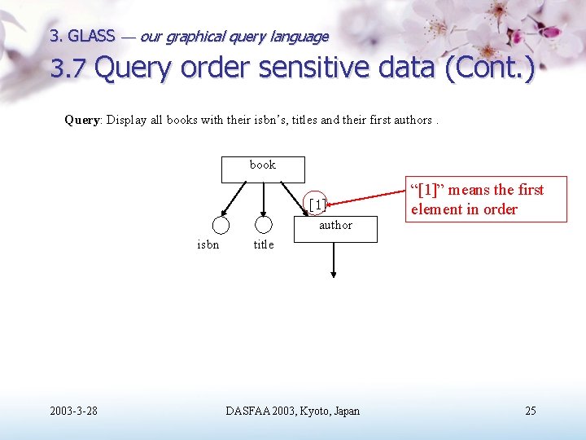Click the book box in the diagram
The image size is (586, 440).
[x=263, y=167]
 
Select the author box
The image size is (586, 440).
[x=335, y=228]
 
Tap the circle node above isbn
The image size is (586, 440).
[x=220, y=226]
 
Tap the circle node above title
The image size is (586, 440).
[x=263, y=225]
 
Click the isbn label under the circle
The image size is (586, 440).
[x=208, y=244]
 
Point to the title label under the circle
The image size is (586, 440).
[x=264, y=244]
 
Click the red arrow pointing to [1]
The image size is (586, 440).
[x=366, y=198]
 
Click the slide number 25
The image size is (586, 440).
[x=530, y=411]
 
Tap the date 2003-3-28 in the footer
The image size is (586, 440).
[x=72, y=411]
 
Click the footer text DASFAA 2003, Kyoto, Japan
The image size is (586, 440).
[x=292, y=411]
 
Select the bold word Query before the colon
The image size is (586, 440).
[x=81, y=120]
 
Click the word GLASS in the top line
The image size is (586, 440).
[x=91, y=36]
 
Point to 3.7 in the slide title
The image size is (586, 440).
[x=68, y=69]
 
